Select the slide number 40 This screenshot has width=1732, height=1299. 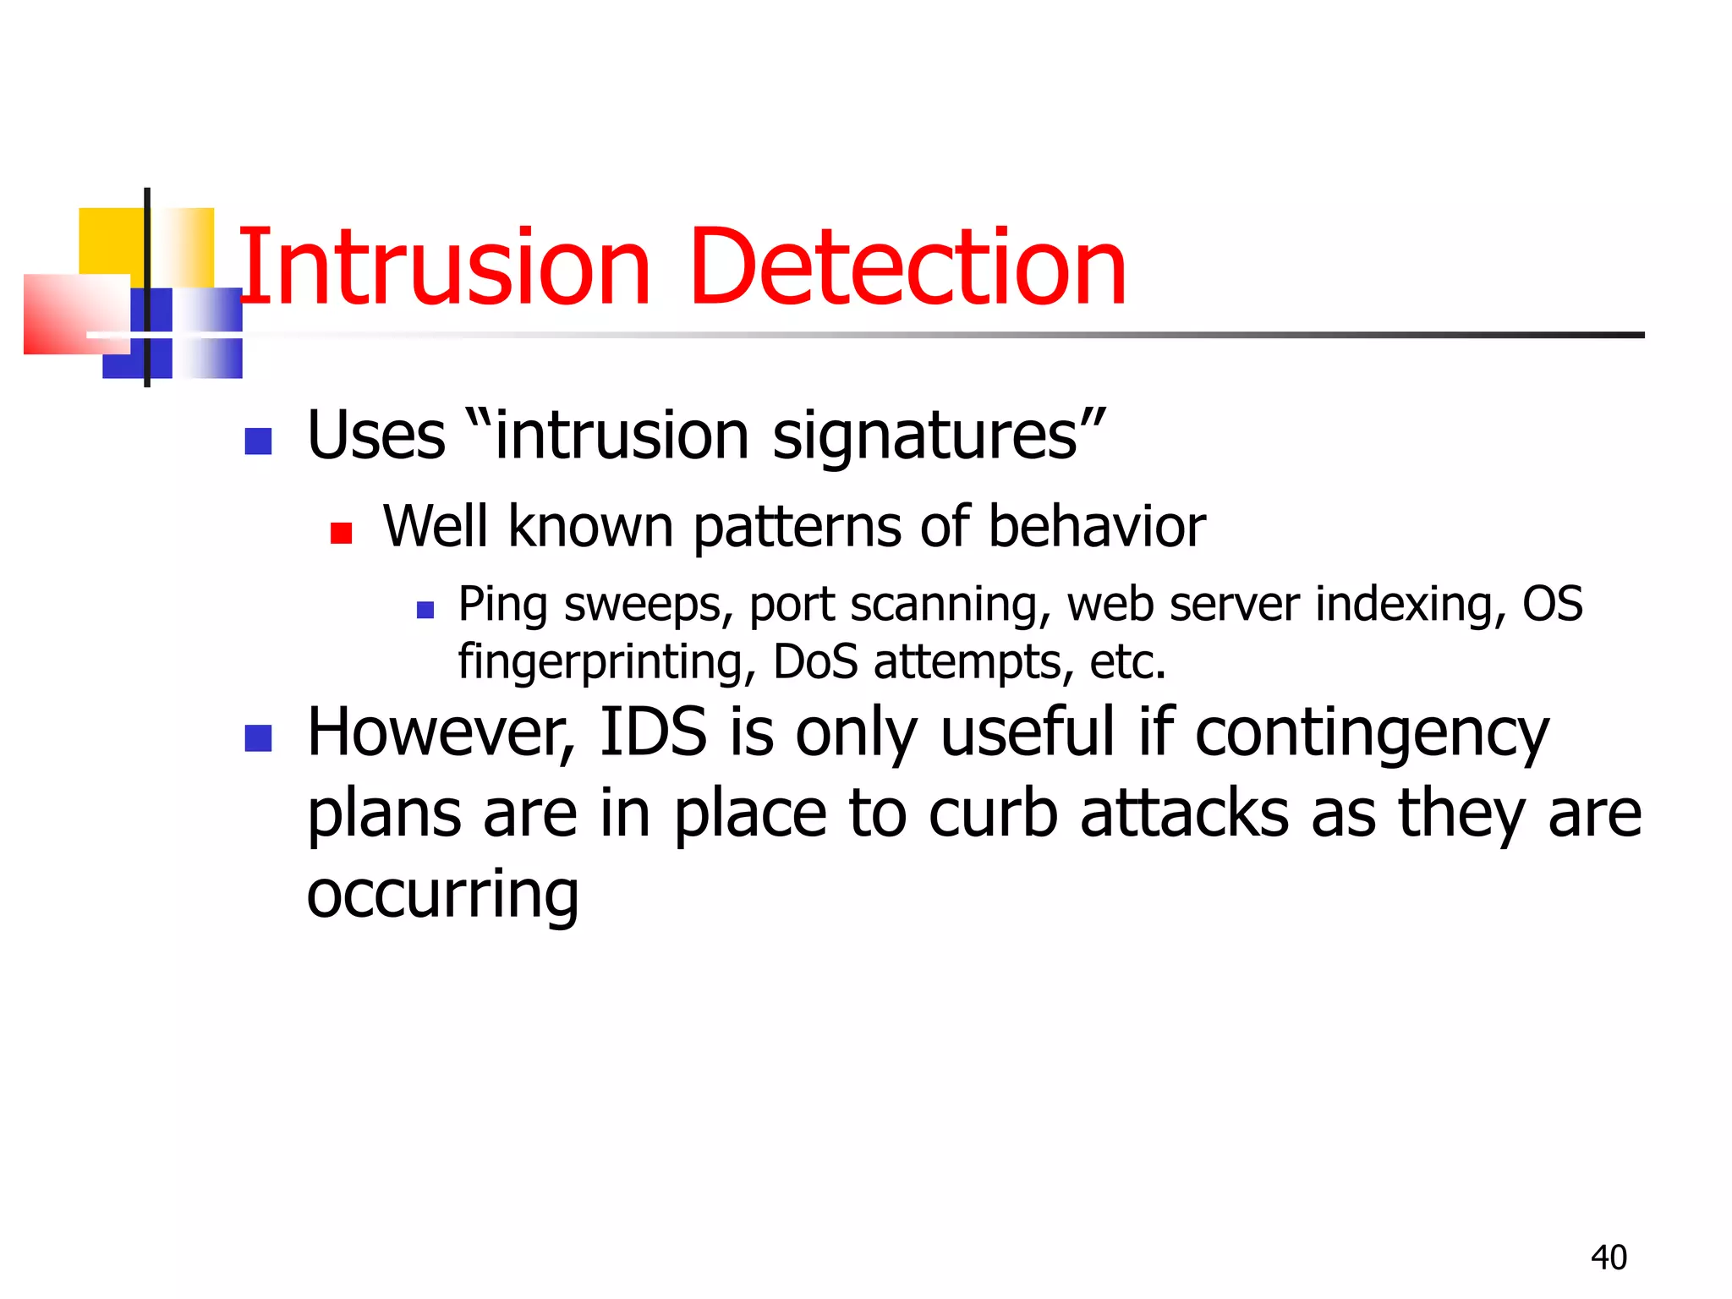coord(1609,1258)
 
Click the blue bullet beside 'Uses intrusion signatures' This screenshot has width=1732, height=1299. coord(258,441)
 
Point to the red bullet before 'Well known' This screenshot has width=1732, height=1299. coord(341,533)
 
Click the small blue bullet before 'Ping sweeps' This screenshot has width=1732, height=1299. coord(425,610)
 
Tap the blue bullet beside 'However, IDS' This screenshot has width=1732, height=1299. coord(258,737)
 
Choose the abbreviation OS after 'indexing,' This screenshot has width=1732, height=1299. coord(1553,604)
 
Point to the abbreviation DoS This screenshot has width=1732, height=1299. coord(815,661)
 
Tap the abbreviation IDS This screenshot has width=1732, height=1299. coord(653,732)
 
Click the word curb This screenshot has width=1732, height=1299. coord(993,814)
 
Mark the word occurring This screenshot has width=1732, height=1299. coord(442,896)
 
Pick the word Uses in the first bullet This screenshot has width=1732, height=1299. coord(376,436)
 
